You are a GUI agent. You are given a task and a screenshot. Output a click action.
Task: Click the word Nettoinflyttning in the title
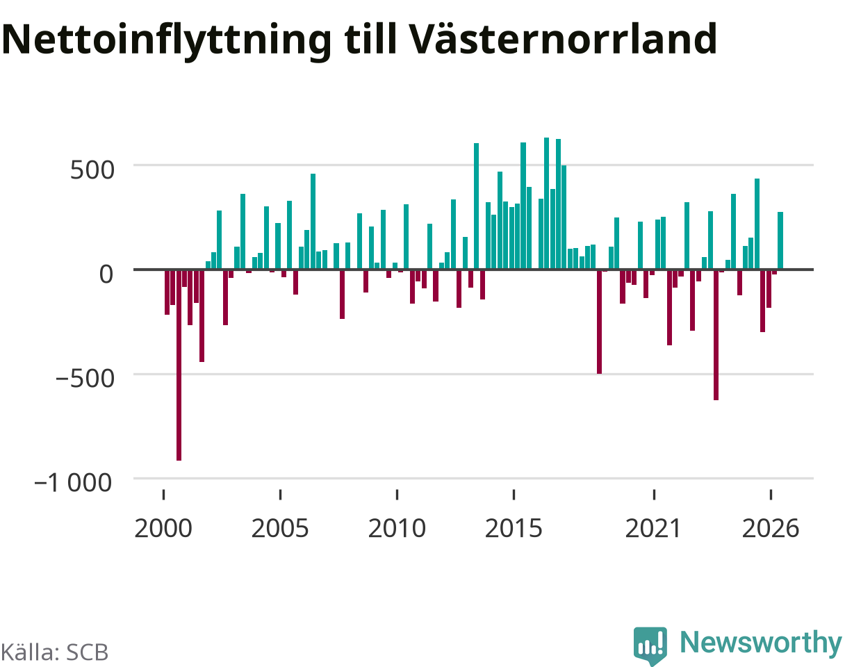[167, 41]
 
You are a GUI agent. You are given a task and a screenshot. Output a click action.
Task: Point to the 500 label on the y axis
[92, 170]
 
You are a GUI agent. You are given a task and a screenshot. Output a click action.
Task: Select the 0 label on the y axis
[106, 274]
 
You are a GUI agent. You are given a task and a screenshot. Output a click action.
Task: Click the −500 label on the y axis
[85, 379]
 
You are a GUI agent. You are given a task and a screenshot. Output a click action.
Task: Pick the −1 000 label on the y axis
[74, 483]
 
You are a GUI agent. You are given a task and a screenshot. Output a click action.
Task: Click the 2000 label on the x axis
[163, 529]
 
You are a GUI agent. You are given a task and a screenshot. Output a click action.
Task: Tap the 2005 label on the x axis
[280, 529]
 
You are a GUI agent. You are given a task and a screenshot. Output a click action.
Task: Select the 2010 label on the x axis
[397, 529]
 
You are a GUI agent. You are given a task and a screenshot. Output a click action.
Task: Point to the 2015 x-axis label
[514, 529]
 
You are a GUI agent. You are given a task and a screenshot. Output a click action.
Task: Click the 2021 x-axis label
[653, 529]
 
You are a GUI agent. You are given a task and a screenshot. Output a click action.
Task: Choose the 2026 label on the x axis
[771, 529]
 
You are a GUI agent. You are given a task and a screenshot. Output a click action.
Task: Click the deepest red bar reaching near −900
[179, 365]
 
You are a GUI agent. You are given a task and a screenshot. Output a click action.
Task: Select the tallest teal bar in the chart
[547, 204]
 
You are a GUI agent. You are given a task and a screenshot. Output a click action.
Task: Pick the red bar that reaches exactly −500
[599, 322]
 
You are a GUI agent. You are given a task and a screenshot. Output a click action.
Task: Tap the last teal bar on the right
[780, 240]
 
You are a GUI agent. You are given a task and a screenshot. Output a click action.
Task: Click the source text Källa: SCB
[55, 652]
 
